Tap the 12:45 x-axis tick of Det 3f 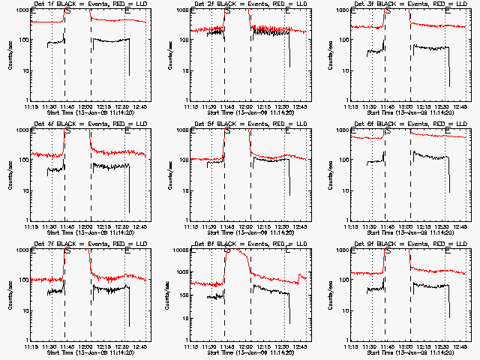point(460,106)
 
